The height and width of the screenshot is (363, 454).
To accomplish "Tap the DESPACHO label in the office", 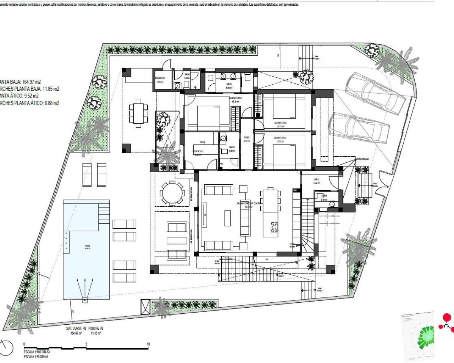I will [198, 151].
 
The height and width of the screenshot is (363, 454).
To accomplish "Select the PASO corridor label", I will [247, 138].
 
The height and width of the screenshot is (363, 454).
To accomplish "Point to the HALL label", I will [317, 180].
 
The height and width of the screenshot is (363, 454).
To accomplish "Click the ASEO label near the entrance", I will [324, 196].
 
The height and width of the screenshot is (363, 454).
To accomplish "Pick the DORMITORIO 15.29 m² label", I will [236, 98].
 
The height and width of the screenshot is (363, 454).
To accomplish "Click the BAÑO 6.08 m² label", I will [229, 84].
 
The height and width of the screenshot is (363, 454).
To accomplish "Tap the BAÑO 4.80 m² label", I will [232, 147].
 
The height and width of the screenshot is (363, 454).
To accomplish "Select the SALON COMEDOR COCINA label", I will [248, 203].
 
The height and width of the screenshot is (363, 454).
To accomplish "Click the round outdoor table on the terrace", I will [172, 193].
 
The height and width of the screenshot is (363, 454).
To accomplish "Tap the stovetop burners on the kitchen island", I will [275, 226].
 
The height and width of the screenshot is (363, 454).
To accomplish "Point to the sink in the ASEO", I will [332, 204].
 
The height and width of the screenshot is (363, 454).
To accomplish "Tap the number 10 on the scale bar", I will [148, 344].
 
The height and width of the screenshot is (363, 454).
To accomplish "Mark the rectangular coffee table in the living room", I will [227, 218].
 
